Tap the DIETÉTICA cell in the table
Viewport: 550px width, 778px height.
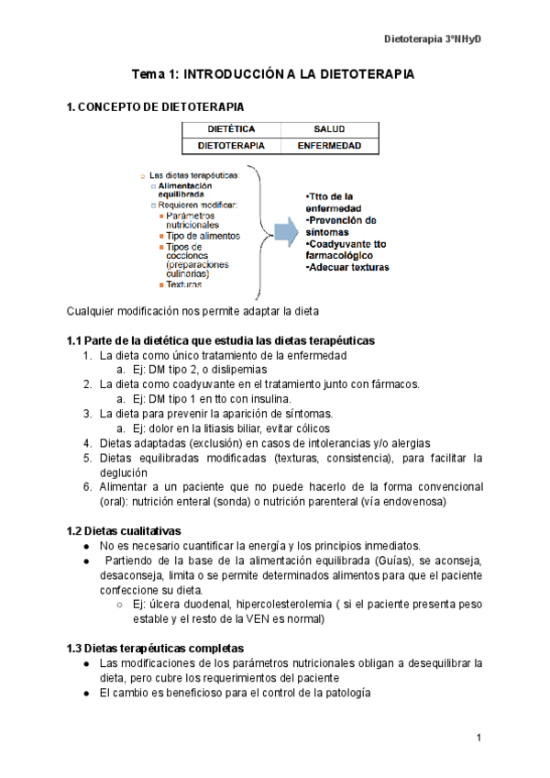[x=231, y=129]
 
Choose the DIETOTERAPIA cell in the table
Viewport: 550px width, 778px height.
[x=231, y=146]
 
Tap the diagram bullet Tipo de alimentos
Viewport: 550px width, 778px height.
[x=203, y=236]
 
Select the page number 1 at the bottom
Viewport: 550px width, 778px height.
[x=479, y=738]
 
